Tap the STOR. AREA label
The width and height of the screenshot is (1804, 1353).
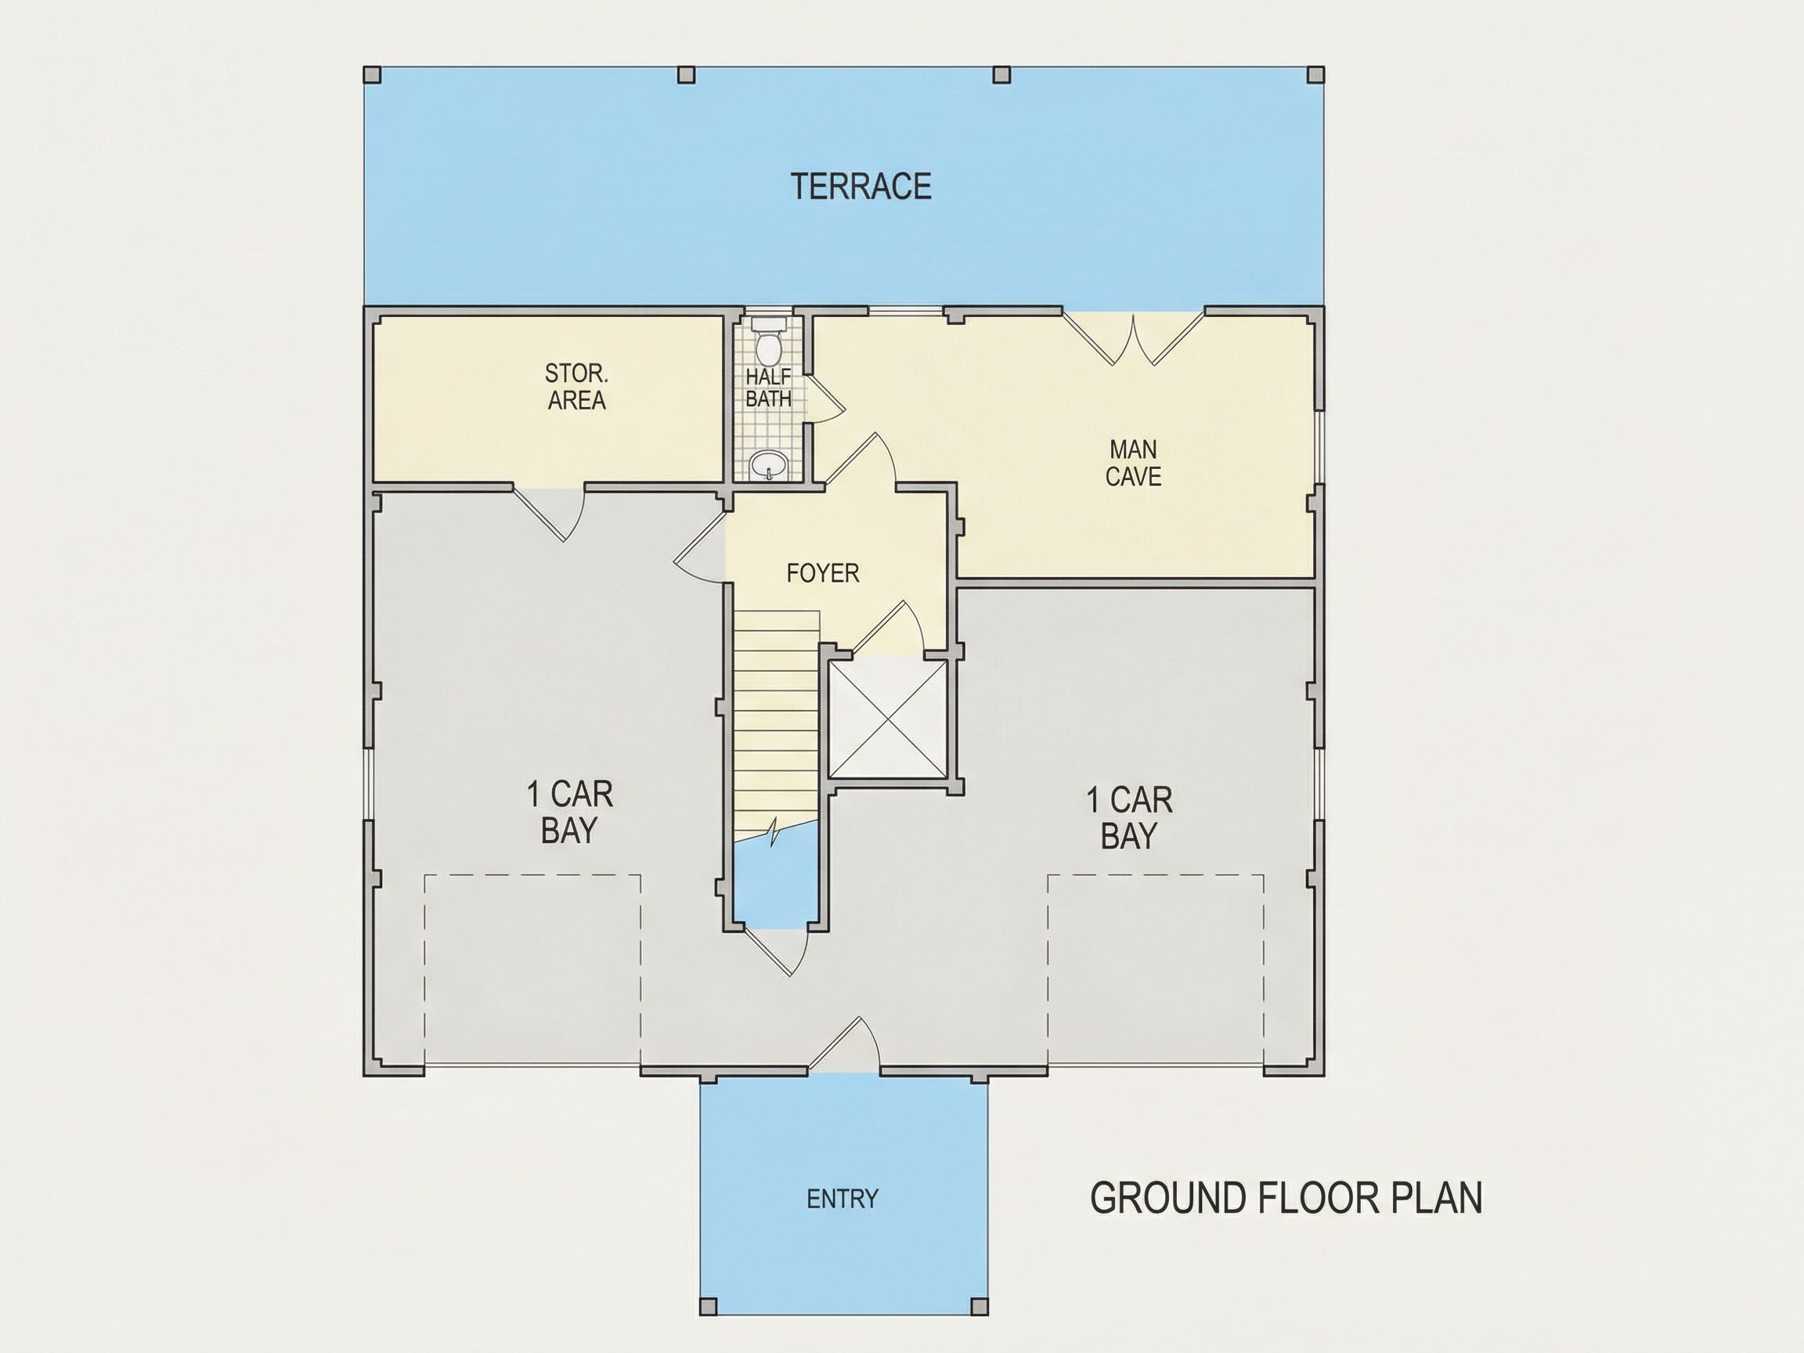[x=576, y=388]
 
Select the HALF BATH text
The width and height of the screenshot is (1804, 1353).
[x=768, y=388]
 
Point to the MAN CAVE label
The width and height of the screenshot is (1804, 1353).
[x=1134, y=464]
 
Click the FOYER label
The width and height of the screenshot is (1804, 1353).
[x=823, y=573]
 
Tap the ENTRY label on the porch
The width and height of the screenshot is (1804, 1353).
[x=842, y=1199]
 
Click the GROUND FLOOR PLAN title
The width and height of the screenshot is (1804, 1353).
[x=1286, y=1198]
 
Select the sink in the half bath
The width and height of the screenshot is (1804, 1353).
[x=768, y=466]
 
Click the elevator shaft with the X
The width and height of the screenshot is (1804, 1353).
[x=887, y=719]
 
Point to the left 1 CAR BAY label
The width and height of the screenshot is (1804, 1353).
[x=569, y=812]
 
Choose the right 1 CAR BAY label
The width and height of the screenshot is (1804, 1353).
[x=1130, y=817]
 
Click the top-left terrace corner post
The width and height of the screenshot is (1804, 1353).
[x=372, y=75]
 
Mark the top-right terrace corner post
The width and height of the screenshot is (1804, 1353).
[x=1315, y=75]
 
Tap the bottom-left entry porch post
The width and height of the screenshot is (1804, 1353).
[x=709, y=1306]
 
